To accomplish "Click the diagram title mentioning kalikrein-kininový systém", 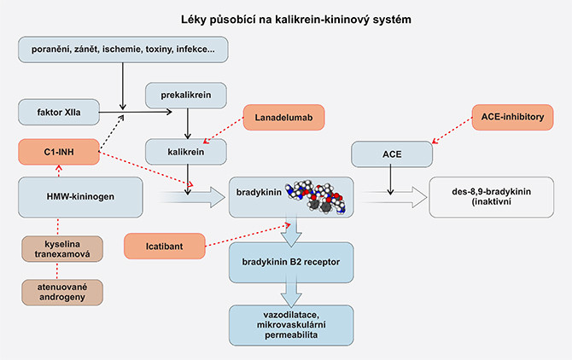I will coord(285,19).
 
